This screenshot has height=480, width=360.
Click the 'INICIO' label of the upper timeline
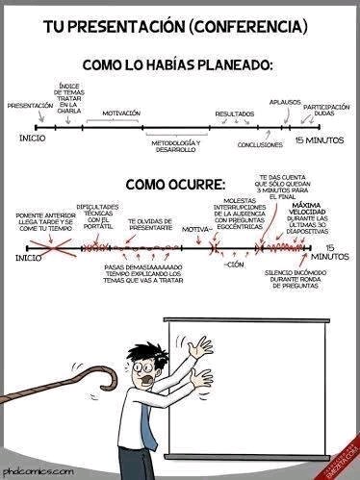coord(31,139)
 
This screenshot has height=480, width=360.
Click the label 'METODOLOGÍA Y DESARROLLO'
coord(175,146)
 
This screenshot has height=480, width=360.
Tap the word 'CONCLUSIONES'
coord(260,145)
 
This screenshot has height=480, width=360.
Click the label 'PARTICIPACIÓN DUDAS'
coord(325,109)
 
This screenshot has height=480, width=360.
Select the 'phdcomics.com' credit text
coord(38,471)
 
